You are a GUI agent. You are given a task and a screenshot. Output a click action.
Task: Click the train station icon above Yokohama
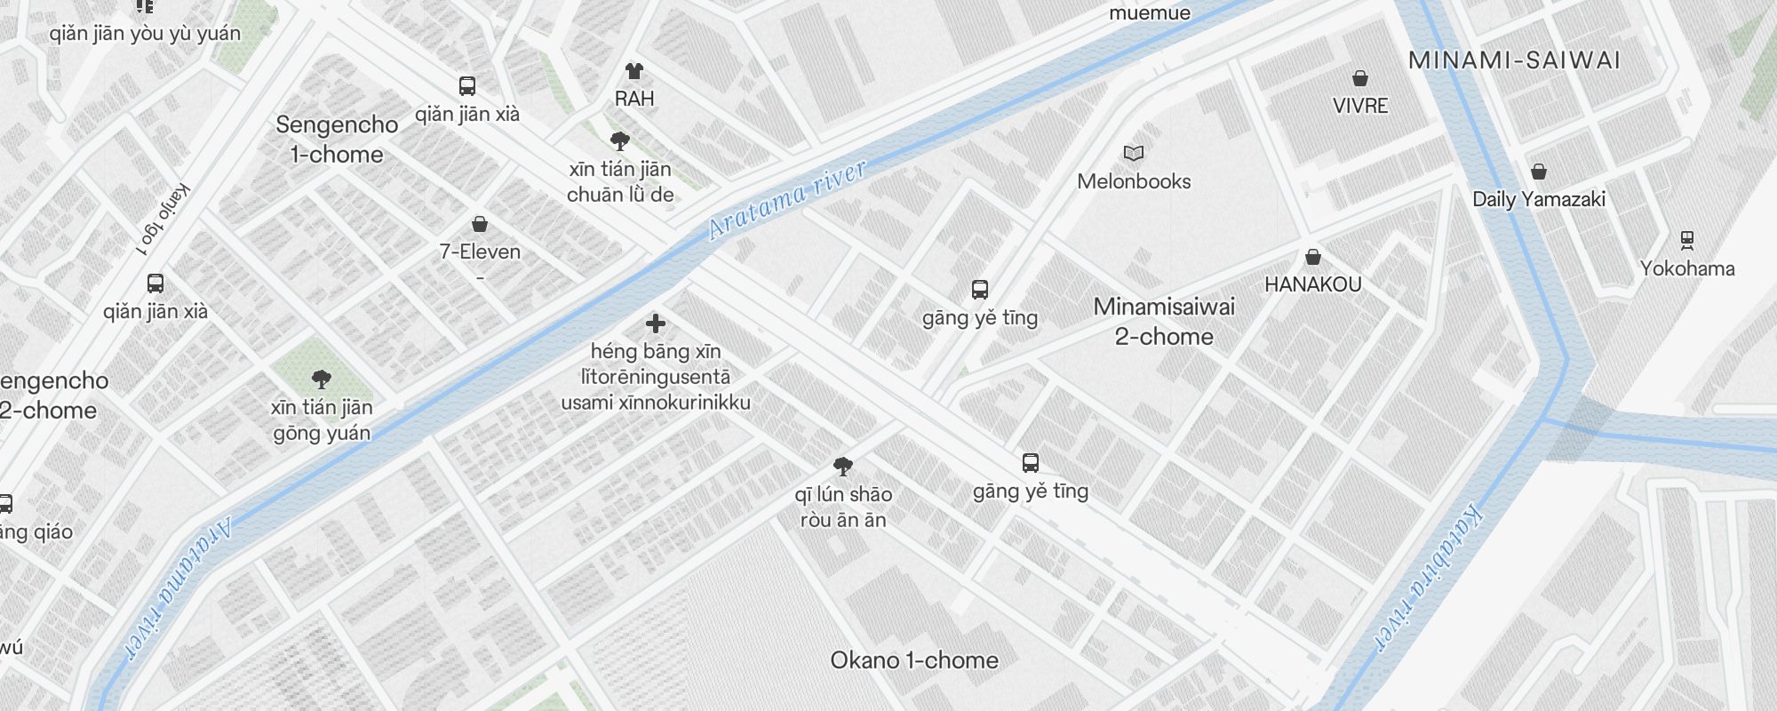(x=1686, y=240)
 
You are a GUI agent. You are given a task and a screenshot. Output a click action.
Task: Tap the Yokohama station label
(x=1686, y=268)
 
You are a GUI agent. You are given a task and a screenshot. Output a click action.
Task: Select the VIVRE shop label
(x=1359, y=106)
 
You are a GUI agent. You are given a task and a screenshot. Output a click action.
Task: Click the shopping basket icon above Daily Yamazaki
(x=1539, y=172)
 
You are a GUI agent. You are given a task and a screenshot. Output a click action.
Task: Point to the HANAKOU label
(x=1312, y=284)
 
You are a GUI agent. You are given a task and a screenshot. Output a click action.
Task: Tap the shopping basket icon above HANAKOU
(x=1312, y=258)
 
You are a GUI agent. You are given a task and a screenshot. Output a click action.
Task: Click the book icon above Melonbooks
(x=1133, y=154)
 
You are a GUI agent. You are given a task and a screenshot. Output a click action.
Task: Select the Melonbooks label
(x=1134, y=181)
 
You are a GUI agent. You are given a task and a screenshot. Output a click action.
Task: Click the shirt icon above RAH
(x=634, y=71)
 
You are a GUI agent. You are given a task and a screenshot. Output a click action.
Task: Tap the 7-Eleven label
(x=480, y=252)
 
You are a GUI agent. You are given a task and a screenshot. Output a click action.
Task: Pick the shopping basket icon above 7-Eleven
(x=480, y=224)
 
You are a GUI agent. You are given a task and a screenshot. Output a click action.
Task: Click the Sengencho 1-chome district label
(x=337, y=140)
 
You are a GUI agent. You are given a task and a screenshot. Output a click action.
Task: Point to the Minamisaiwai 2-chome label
(x=1164, y=322)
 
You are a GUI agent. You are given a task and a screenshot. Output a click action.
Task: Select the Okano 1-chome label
(x=913, y=660)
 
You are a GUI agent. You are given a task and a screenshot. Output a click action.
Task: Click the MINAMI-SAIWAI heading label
(x=1514, y=60)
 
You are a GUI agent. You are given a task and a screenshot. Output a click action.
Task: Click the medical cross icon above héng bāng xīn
(x=656, y=324)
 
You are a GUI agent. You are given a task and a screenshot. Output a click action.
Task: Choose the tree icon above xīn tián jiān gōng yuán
(x=322, y=379)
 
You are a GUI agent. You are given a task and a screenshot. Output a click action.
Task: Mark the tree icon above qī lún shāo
(x=843, y=466)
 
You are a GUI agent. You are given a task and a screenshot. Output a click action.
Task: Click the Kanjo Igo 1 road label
(x=165, y=219)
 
